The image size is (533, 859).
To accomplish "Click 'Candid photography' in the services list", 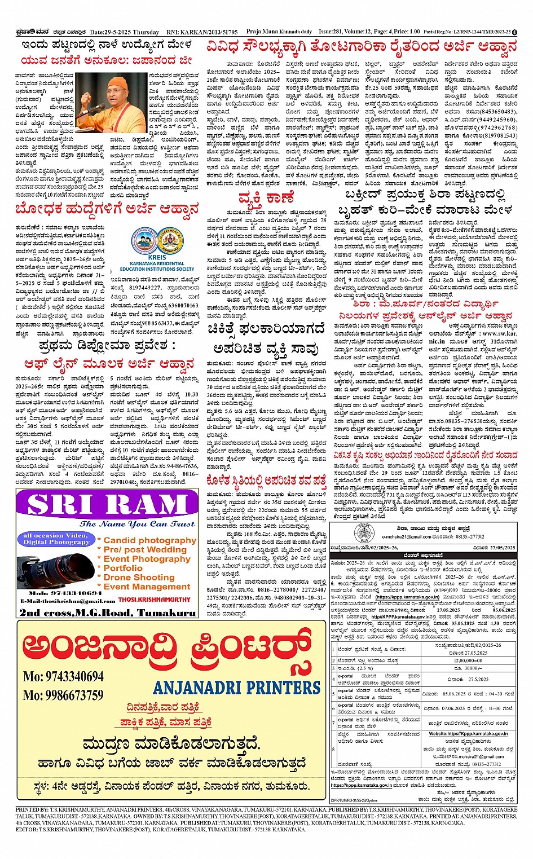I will [x=149, y=540].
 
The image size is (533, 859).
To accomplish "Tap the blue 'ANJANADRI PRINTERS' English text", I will [x=236, y=688].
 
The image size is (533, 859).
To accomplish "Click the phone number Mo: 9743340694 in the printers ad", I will [x=63, y=677].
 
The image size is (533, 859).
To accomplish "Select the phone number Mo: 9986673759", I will [x=63, y=695].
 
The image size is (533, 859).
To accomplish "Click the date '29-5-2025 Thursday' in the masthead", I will [x=125, y=33].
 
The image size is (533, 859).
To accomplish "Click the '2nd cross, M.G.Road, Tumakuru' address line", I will [x=107, y=613].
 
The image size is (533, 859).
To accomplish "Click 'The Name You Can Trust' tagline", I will [x=137, y=524].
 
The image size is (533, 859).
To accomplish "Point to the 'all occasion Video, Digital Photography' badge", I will [x=56, y=539].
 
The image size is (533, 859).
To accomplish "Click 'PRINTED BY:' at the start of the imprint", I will [x=32, y=809].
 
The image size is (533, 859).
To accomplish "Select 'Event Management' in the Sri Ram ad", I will [x=147, y=587].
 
